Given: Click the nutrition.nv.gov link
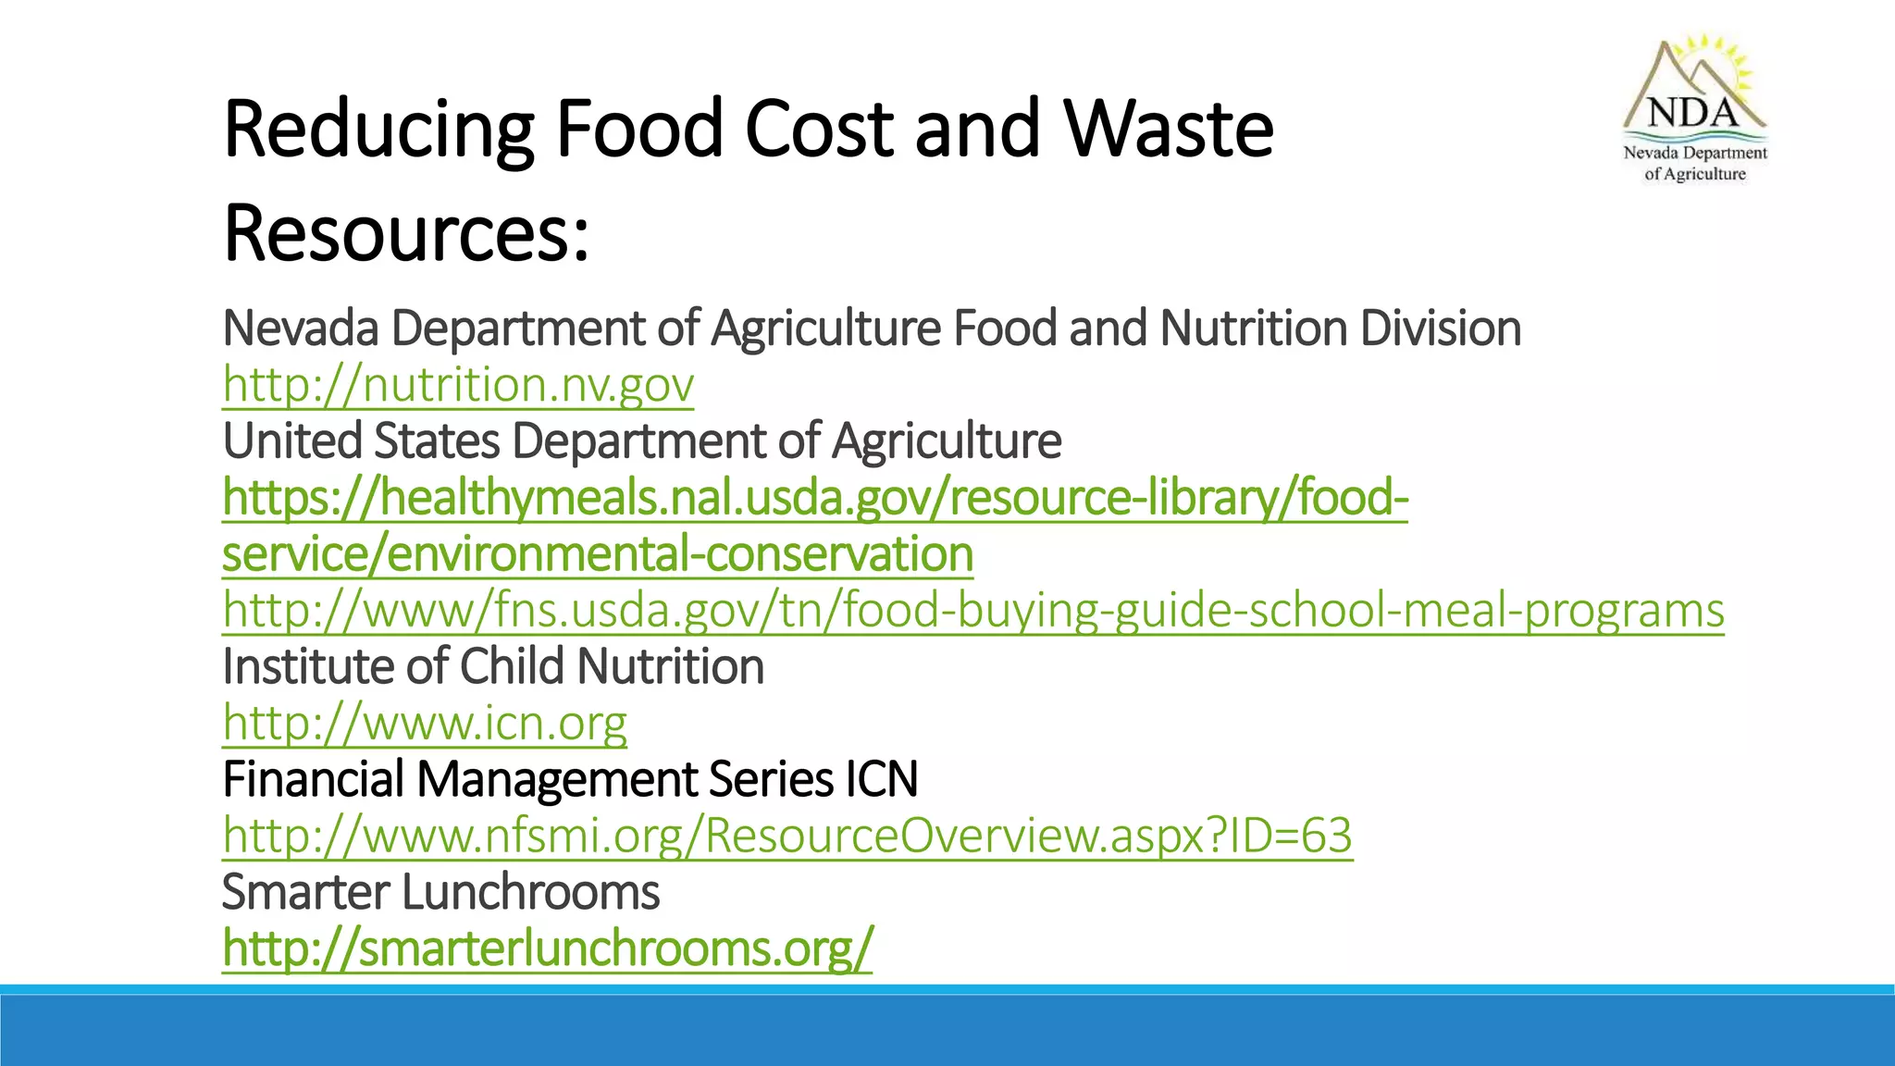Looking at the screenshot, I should point(458,385).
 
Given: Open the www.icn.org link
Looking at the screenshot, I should point(425,723).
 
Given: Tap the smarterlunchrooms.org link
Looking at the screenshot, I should point(547,948).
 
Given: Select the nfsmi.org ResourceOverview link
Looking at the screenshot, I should point(787,836).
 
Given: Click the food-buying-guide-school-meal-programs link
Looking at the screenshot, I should point(973,611).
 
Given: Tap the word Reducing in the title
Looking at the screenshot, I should point(378,129).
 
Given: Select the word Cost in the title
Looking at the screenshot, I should point(820,129).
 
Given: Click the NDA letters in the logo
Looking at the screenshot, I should point(1693,113).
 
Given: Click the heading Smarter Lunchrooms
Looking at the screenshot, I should point(440,892).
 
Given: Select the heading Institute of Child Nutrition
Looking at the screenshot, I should point(493,666).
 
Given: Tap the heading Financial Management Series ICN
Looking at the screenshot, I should point(570,779).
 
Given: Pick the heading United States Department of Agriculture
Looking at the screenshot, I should point(641,440).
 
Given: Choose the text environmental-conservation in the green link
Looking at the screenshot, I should point(680,554).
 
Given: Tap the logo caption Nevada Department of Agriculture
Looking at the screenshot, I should point(1695,163).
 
